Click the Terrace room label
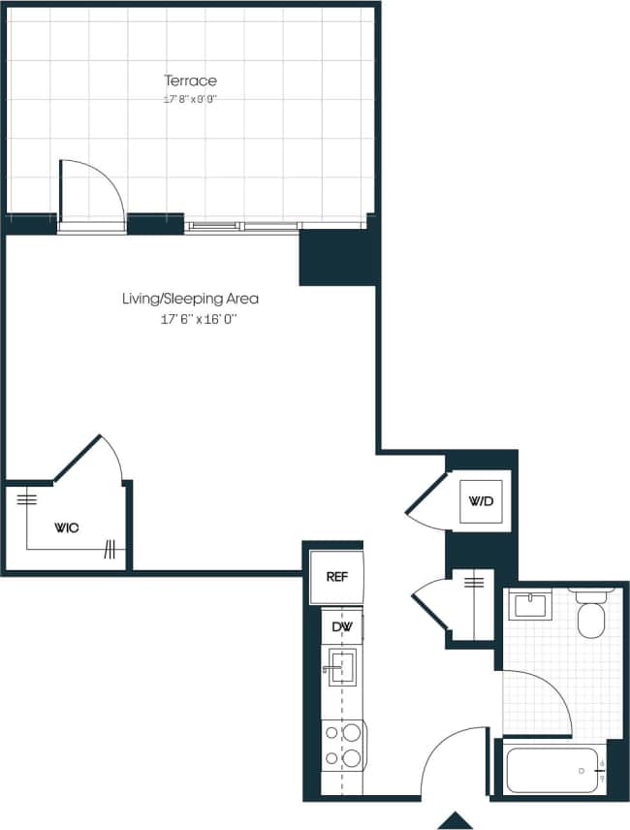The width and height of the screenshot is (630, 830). [x=190, y=80]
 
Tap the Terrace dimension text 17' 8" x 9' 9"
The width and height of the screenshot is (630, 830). [x=190, y=99]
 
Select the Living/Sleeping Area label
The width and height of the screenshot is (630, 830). [x=190, y=299]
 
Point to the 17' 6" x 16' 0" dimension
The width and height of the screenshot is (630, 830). [x=190, y=318]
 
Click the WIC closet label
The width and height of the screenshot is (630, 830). [x=67, y=527]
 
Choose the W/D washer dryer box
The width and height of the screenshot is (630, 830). [x=481, y=501]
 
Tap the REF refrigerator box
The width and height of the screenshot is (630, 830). [x=336, y=577]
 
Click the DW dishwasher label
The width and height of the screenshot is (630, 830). [x=342, y=627]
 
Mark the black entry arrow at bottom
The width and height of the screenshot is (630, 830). [x=456, y=820]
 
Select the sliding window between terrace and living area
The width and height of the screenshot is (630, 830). [x=242, y=227]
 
